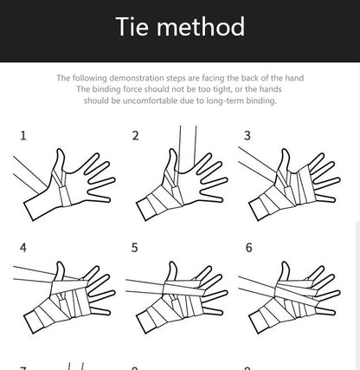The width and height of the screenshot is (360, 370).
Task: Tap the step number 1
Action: tap(23, 135)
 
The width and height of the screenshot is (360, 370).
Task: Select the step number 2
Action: tap(135, 135)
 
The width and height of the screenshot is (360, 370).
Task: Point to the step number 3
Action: tap(247, 135)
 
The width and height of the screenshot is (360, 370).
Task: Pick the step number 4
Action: tap(23, 248)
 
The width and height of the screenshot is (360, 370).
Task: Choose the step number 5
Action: tap(135, 248)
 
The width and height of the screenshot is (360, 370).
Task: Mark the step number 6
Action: tap(248, 248)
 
